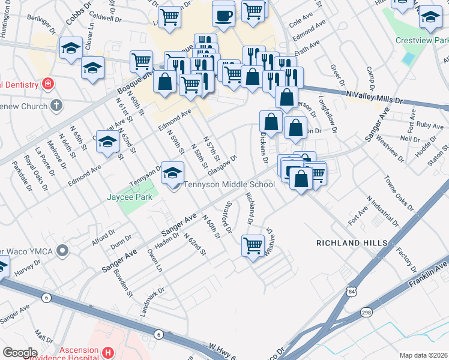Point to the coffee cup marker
click(224, 16)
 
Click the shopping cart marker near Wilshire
click(253, 245)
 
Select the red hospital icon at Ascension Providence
click(108, 352)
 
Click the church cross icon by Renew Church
click(56, 106)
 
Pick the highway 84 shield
click(351, 292)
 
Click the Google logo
click(20, 352)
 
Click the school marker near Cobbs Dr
click(71, 48)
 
